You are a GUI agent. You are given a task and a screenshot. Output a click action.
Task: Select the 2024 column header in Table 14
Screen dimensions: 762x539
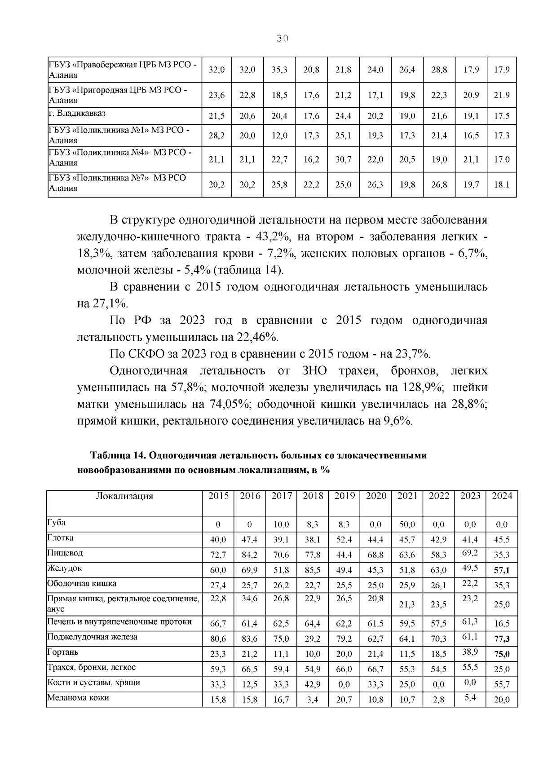pos(502,496)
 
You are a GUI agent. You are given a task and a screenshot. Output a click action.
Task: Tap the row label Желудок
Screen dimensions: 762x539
pos(65,568)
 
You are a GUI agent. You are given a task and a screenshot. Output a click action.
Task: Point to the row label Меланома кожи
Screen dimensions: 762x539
pos(78,698)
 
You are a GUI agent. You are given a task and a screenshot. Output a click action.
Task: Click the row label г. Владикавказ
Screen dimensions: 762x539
pos(77,114)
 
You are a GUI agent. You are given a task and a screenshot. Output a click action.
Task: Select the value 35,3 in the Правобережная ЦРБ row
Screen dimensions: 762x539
pos(279,70)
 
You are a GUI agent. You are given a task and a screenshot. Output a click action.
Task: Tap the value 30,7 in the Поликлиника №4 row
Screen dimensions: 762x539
pos(343,159)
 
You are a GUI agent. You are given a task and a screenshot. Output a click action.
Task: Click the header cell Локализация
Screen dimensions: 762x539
pos(124,496)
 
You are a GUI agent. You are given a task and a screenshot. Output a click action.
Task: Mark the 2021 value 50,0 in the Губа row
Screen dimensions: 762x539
pos(407,524)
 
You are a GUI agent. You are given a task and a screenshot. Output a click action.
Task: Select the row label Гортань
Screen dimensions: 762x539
pos(63,652)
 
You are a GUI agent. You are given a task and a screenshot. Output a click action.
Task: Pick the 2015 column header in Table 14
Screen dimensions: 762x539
pos(218,496)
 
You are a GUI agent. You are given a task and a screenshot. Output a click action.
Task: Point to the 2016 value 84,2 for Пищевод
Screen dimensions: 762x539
pos(249,555)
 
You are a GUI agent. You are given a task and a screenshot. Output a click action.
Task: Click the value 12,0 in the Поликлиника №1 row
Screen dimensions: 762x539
pos(279,136)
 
